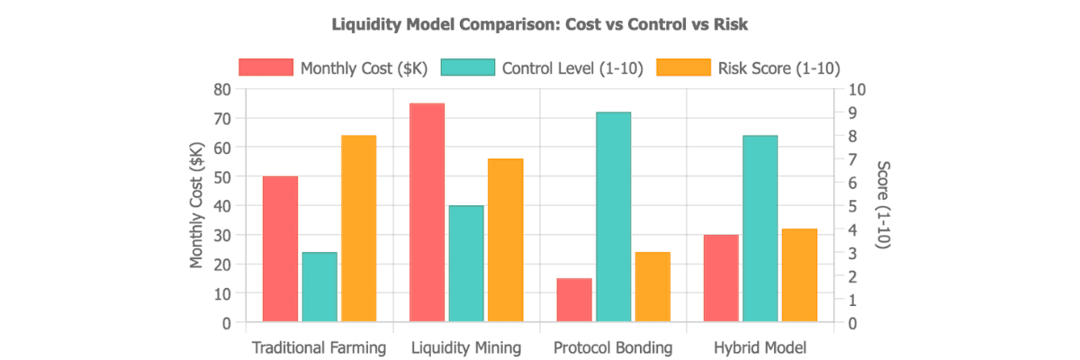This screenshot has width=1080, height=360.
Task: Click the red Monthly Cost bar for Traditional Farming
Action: click(280, 248)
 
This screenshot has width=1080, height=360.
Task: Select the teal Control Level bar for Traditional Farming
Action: click(319, 287)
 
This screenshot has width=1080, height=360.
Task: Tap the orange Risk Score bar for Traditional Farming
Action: click(359, 229)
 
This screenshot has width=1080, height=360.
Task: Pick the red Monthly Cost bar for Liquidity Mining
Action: click(427, 212)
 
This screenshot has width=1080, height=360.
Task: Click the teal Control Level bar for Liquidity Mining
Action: click(466, 264)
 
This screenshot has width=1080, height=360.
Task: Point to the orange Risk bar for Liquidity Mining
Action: click(506, 240)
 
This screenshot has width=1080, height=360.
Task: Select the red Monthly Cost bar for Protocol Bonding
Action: click(574, 300)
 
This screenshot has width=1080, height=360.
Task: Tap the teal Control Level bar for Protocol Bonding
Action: click(613, 217)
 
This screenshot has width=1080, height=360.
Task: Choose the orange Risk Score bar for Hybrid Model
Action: click(799, 275)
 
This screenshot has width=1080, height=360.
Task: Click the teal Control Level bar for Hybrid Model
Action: click(760, 229)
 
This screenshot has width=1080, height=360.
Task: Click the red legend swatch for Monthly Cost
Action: click(266, 67)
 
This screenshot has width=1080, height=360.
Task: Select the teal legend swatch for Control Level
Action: click(468, 67)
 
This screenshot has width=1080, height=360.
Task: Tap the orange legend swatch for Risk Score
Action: click(684, 67)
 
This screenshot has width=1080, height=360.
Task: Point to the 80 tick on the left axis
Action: click(222, 90)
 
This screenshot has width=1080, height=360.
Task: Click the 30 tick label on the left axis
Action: click(222, 236)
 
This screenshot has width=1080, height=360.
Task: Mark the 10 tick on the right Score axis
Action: click(857, 90)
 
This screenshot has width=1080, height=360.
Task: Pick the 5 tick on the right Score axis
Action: click(853, 206)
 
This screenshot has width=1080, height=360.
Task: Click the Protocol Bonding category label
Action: click(613, 347)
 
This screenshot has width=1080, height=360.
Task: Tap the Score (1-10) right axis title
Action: click(883, 205)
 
